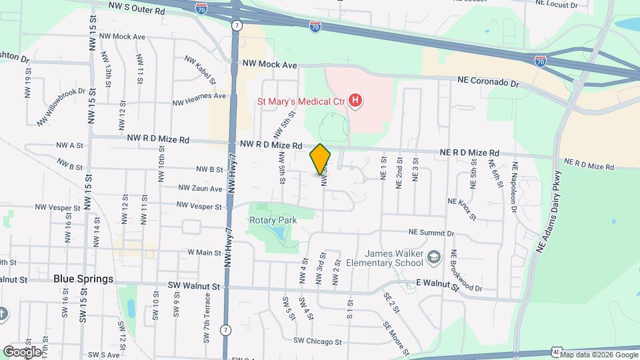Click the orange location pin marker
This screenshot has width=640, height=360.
[x=321, y=159]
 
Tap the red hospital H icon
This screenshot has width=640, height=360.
[x=356, y=101]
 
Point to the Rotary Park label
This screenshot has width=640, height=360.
[x=273, y=219]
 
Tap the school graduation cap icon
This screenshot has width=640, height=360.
[x=434, y=257]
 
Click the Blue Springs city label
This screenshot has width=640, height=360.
[x=83, y=279]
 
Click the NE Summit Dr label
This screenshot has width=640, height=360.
[x=431, y=233]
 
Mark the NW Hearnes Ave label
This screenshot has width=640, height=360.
[x=199, y=96]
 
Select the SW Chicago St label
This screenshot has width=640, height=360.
[x=317, y=341]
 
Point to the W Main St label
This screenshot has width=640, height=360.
[x=204, y=253]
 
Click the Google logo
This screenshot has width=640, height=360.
[x=22, y=351]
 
